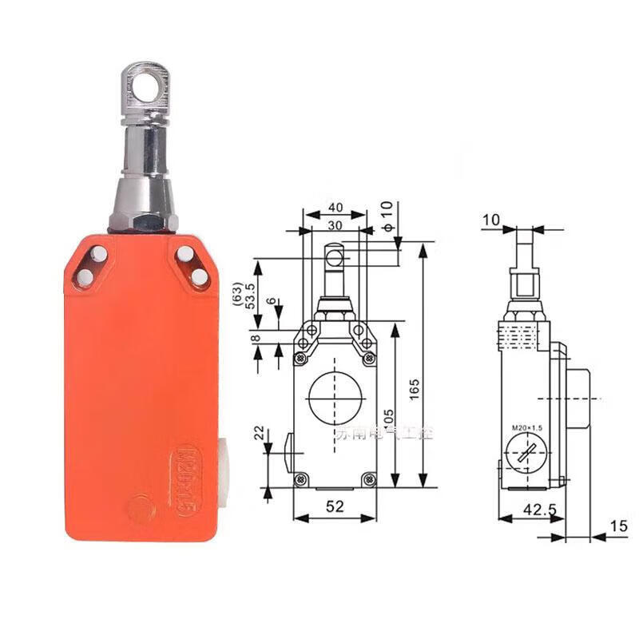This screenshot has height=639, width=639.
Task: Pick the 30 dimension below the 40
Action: click(x=334, y=225)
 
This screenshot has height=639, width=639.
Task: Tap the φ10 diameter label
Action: click(x=387, y=216)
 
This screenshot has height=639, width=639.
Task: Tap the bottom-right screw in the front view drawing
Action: click(x=367, y=478)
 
